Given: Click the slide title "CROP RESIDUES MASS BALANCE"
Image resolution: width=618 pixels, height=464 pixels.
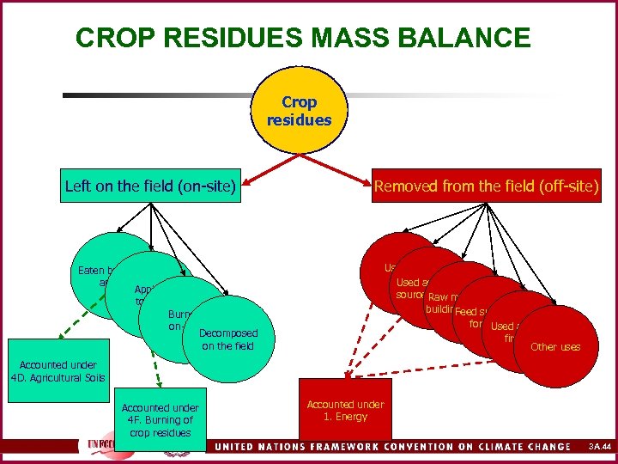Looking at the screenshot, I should click(302, 39).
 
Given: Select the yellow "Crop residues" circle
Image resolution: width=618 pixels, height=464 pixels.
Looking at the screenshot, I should click(298, 112).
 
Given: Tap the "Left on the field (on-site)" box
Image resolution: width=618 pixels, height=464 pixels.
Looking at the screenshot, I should click(150, 186).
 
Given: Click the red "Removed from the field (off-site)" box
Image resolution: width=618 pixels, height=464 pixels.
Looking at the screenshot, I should click(486, 186).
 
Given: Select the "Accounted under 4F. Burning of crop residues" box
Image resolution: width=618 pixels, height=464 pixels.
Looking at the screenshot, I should click(160, 419).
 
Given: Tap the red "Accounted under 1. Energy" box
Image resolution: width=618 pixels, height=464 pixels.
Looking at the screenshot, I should click(345, 410).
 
